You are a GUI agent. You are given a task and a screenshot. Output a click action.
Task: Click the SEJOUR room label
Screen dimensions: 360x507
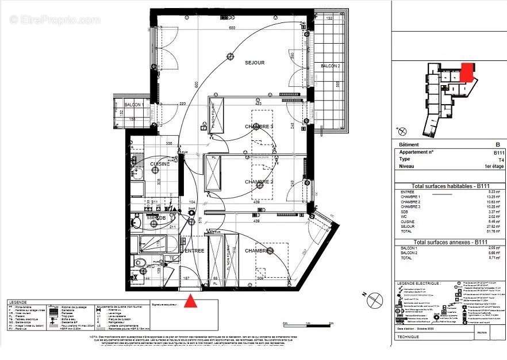[x=255, y=63]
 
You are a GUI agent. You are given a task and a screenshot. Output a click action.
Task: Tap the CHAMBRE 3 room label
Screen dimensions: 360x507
[x=259, y=127]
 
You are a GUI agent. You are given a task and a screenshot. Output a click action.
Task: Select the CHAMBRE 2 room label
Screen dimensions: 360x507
[x=259, y=182]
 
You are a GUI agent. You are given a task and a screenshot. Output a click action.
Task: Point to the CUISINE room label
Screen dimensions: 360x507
[x=160, y=164]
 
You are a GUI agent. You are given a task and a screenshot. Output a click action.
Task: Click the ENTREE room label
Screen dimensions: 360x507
[x=194, y=251]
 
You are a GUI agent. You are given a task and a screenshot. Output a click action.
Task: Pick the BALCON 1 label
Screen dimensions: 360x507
[x=134, y=105]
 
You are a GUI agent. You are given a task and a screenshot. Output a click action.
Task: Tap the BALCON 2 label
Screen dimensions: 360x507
[x=331, y=66]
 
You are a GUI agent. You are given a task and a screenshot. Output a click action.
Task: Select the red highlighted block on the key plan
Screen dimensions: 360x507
[x=467, y=72]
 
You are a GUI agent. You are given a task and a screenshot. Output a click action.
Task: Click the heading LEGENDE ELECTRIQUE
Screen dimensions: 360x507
[x=419, y=283]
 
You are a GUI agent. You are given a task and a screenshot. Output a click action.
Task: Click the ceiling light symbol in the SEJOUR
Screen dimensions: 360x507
[x=231, y=56]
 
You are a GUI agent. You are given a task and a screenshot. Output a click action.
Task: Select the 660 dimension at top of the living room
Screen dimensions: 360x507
[x=233, y=28]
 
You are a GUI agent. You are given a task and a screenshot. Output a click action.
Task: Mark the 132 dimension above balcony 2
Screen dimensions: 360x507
[x=330, y=19]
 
